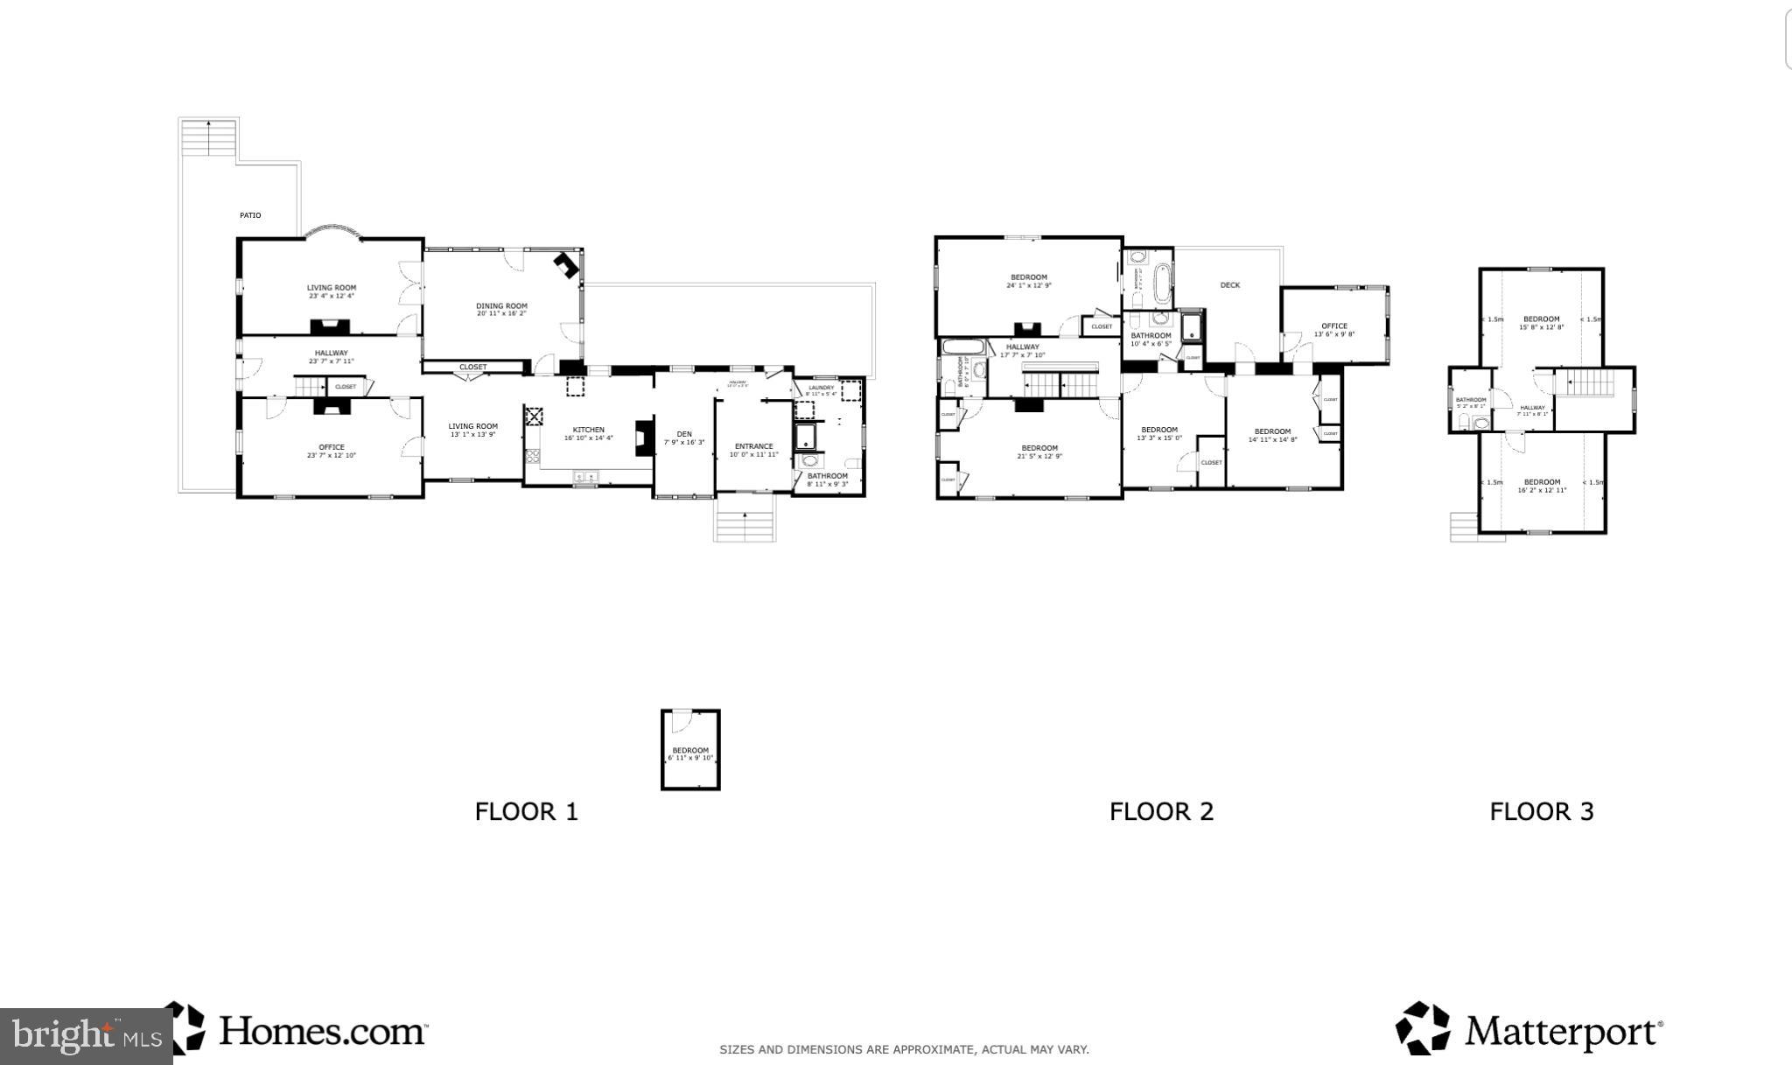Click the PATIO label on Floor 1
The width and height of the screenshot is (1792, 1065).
(x=250, y=215)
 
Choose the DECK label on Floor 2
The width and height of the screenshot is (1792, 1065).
(x=1229, y=285)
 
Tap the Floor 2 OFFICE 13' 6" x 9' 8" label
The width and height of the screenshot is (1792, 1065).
(x=1333, y=330)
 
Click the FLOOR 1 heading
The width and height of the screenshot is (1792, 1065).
(x=526, y=811)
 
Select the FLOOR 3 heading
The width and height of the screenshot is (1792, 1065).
(x=1541, y=811)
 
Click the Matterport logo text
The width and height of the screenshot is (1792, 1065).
(x=1563, y=1032)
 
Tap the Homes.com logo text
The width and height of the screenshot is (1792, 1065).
(x=322, y=1031)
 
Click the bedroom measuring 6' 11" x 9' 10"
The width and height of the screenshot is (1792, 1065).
(x=690, y=753)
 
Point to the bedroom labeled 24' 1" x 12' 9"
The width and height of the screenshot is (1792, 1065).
(x=1028, y=281)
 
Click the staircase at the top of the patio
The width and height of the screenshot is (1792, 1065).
(x=208, y=138)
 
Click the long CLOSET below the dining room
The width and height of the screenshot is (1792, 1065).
(x=472, y=368)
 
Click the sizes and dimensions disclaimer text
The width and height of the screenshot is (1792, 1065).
(x=904, y=1049)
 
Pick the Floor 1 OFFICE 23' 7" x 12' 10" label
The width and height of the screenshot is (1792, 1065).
(x=331, y=451)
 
